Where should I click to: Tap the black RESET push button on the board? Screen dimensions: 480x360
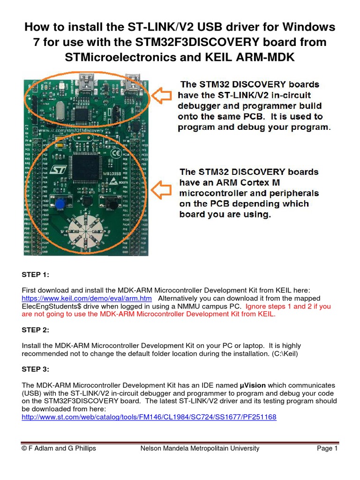click(x=112, y=203)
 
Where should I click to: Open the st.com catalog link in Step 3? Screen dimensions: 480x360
click(x=149, y=417)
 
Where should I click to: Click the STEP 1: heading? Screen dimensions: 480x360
click(x=35, y=275)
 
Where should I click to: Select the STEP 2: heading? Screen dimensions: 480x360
click(x=35, y=330)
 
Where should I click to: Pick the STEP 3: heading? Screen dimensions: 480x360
click(x=35, y=369)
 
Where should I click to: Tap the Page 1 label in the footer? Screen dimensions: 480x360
click(x=327, y=449)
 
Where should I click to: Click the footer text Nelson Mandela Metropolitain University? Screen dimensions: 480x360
click(x=200, y=449)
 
